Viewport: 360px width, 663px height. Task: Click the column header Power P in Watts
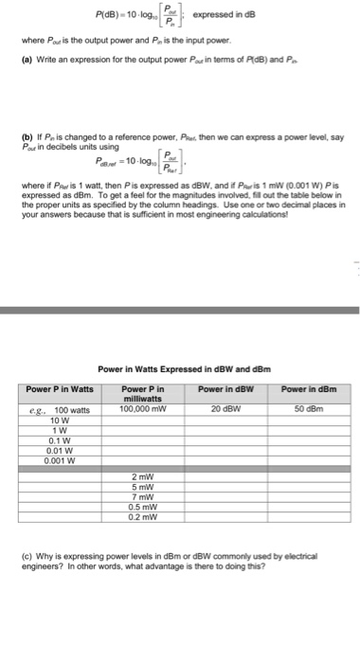(x=59, y=390)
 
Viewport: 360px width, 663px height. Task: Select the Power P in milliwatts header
(x=143, y=395)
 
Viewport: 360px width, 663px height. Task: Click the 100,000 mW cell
(x=143, y=410)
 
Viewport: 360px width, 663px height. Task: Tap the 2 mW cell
(x=143, y=475)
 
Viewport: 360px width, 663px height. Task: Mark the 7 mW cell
(x=143, y=497)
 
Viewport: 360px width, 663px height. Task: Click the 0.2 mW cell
(x=143, y=518)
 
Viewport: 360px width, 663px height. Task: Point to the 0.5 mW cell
(x=143, y=508)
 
